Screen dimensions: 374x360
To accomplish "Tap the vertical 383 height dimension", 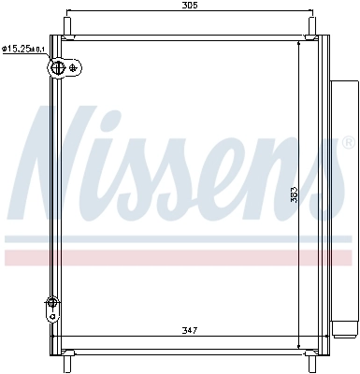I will [x=294, y=194].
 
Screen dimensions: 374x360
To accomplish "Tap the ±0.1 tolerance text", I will [x=38, y=49].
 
